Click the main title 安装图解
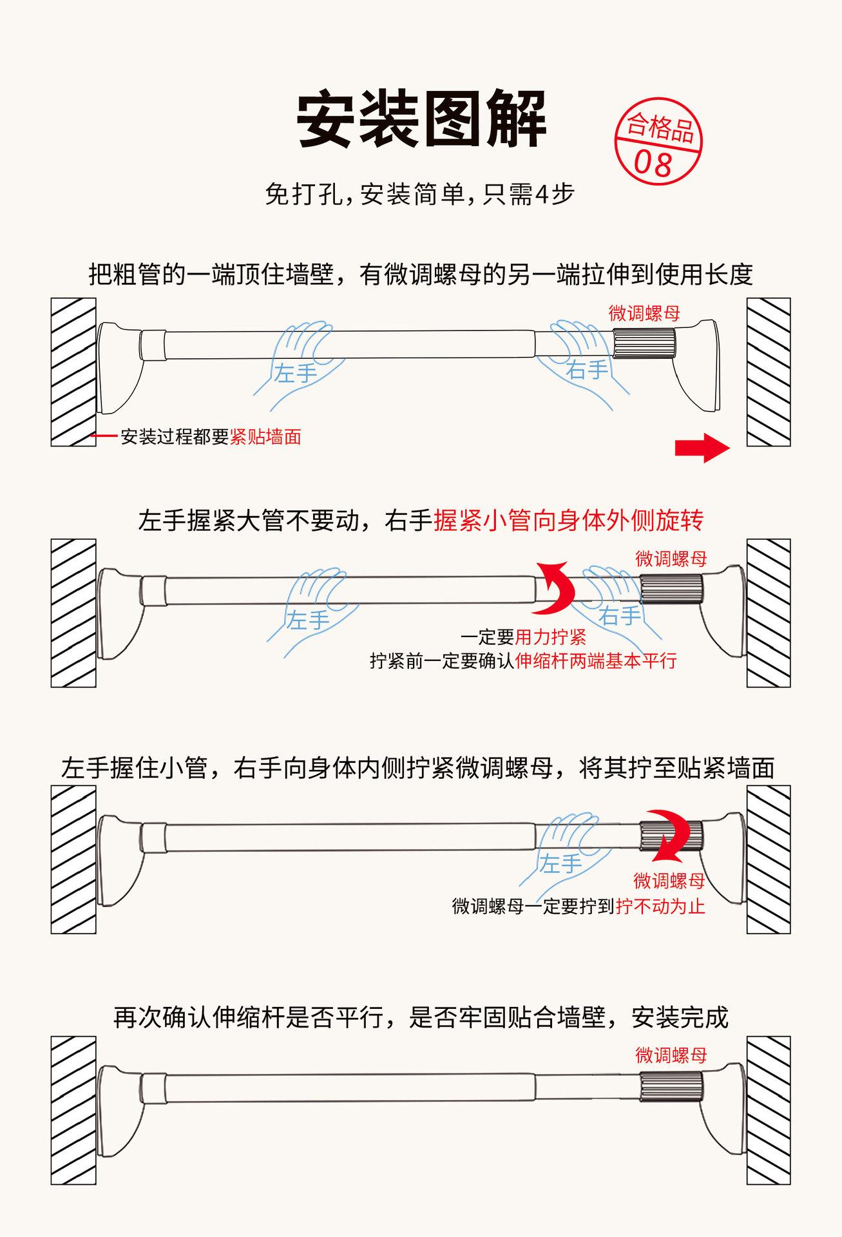click(x=421, y=120)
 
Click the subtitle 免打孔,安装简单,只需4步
click(x=419, y=194)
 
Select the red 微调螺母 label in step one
click(x=644, y=314)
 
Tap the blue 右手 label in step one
click(x=587, y=370)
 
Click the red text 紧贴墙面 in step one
click(x=265, y=437)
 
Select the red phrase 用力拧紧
click(x=551, y=638)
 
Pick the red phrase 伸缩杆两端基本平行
click(x=596, y=661)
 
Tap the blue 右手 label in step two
click(x=620, y=616)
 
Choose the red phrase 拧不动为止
click(x=660, y=906)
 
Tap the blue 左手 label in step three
click(x=560, y=864)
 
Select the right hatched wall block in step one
click(x=768, y=372)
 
